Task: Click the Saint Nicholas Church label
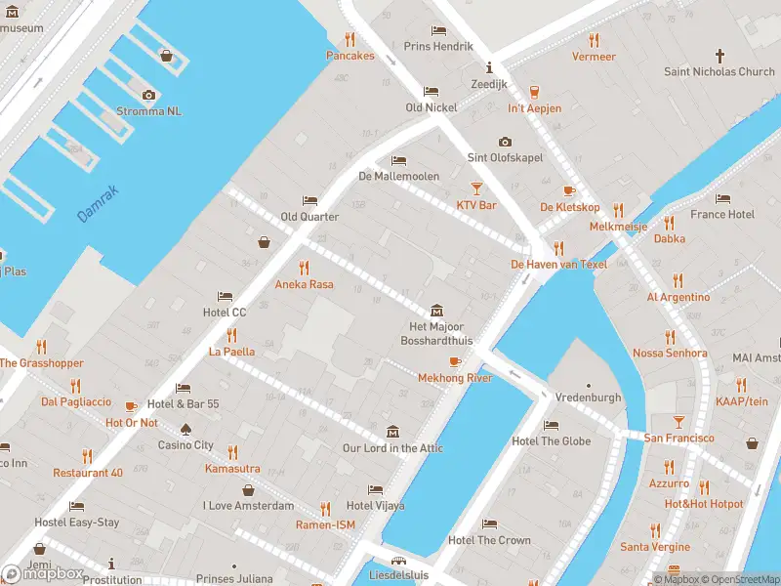(x=719, y=71)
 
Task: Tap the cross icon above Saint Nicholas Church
(x=720, y=56)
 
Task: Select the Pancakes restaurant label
(x=349, y=56)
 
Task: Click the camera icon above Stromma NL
(x=148, y=95)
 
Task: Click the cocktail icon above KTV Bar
(x=476, y=188)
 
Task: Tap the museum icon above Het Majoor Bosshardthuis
(x=435, y=309)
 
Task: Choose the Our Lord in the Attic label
(x=392, y=448)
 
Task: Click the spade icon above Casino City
(x=185, y=429)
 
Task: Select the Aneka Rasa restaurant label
(x=304, y=284)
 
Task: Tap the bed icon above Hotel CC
(x=225, y=296)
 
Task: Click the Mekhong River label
(x=455, y=378)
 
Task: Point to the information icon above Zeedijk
(x=490, y=67)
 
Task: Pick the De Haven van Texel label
(x=559, y=265)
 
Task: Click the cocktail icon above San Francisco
(x=678, y=422)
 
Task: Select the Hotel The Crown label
(x=489, y=540)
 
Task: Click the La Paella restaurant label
(x=231, y=352)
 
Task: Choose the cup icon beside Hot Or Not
(x=131, y=405)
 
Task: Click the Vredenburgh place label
(x=588, y=398)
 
